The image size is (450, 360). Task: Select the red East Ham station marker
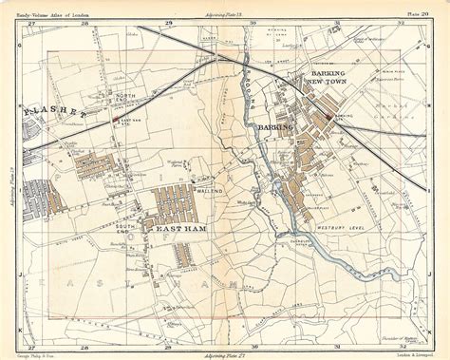coord(116,120)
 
